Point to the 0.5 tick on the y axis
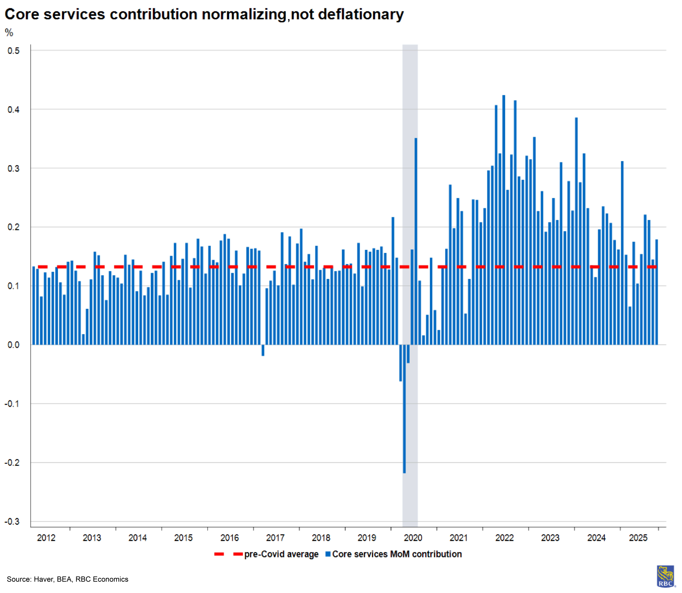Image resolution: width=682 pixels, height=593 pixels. point(14,51)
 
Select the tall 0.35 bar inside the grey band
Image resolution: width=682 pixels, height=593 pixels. point(416,242)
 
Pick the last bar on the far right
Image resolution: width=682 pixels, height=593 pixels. point(657,292)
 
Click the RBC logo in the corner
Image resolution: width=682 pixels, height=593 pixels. point(665,576)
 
